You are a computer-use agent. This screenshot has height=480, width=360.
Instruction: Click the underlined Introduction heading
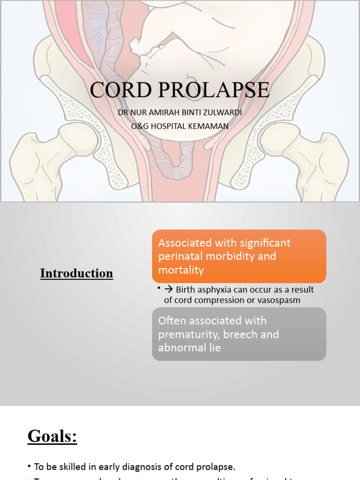76,273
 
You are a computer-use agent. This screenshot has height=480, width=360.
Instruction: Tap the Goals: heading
52,436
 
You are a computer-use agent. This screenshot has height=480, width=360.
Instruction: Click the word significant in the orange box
265,243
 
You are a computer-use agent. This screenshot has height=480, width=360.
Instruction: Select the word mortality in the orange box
181,270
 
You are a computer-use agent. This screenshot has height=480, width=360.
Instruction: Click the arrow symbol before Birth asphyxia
169,289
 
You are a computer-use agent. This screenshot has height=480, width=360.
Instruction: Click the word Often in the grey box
172,321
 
